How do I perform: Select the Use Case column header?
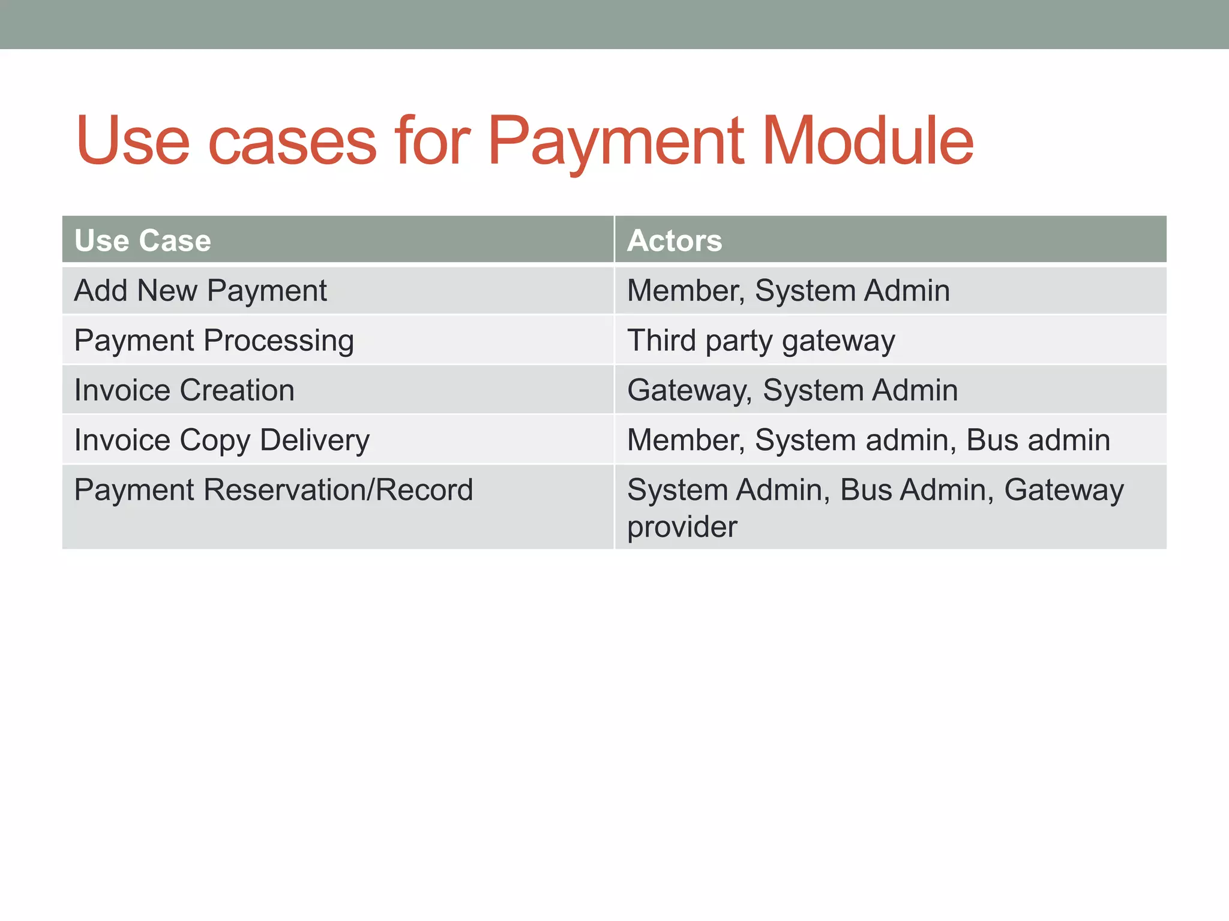tap(143, 240)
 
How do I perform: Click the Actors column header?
tap(675, 240)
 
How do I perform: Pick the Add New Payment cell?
tap(200, 291)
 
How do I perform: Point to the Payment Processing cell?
tap(214, 341)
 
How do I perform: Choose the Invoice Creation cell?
tap(184, 390)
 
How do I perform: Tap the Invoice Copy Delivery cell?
tap(222, 440)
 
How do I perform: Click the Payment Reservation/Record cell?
tap(274, 490)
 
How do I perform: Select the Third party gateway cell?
tap(761, 341)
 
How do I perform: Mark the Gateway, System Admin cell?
tap(792, 390)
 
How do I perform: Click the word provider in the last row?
tap(682, 527)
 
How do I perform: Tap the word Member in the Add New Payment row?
tap(685, 291)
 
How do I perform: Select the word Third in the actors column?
tap(661, 341)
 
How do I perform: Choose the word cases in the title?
tap(292, 143)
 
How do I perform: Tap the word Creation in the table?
tap(237, 390)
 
